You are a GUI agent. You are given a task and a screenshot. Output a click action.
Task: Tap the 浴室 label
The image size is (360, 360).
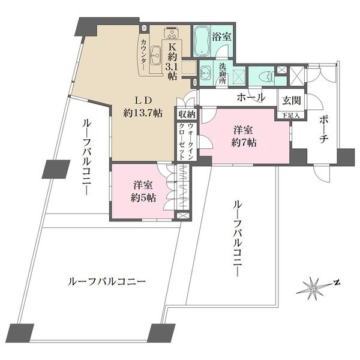click(223, 37)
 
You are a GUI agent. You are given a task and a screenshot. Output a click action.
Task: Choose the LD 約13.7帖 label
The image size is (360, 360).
click(143, 106)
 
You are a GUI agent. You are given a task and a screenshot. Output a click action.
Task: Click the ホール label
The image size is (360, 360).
click(251, 97)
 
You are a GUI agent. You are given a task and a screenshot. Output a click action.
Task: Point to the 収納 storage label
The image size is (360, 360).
click(185, 115)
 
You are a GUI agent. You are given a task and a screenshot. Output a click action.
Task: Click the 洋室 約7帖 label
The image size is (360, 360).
click(245, 137)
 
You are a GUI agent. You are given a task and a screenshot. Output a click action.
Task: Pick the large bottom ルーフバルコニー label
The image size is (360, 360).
click(107, 280)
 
